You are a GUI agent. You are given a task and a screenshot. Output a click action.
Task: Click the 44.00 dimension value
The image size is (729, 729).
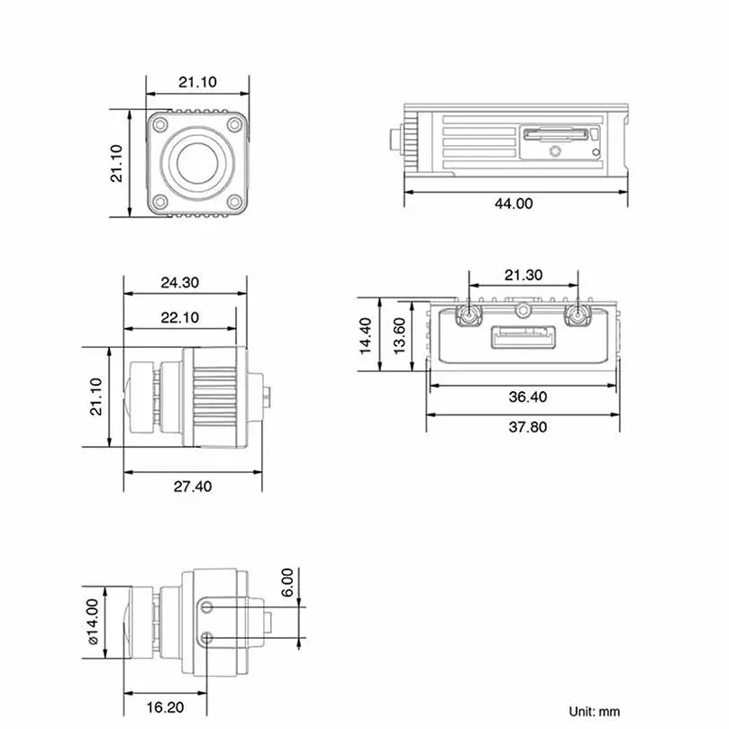click(514, 203)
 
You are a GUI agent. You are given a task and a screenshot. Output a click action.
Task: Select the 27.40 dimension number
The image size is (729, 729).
click(193, 487)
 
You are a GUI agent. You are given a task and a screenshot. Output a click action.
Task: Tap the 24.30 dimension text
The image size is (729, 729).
click(180, 282)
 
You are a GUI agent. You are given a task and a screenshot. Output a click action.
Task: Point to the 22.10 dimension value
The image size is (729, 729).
click(180, 317)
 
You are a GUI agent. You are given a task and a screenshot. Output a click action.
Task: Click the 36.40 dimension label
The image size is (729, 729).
click(528, 396)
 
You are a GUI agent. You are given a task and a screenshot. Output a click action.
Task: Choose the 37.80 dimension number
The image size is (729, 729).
click(528, 427)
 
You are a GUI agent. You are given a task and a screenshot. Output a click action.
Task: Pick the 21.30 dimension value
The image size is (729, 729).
click(524, 275)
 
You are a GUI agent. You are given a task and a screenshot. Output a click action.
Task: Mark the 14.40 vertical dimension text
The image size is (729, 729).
click(366, 336)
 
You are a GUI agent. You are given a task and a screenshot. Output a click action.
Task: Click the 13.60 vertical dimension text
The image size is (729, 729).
click(399, 336)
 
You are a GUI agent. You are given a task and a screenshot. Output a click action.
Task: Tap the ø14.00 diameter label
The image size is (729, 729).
click(93, 622)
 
